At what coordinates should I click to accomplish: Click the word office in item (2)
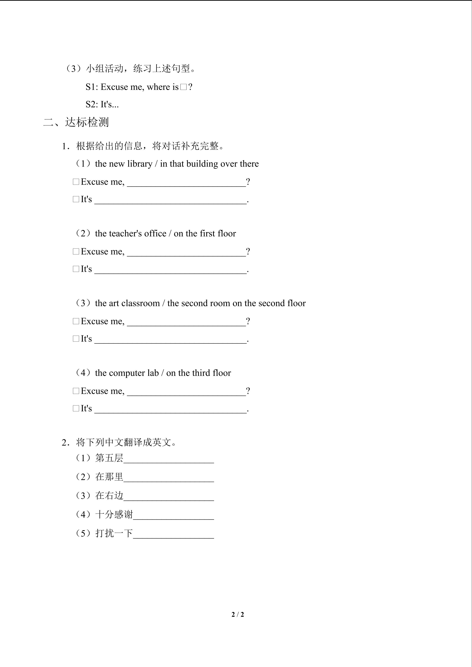[x=155, y=234]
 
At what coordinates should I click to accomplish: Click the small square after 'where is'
[x=183, y=87]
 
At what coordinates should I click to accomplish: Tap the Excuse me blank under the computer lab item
[x=186, y=392]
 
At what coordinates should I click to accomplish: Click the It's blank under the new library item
[x=171, y=201]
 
